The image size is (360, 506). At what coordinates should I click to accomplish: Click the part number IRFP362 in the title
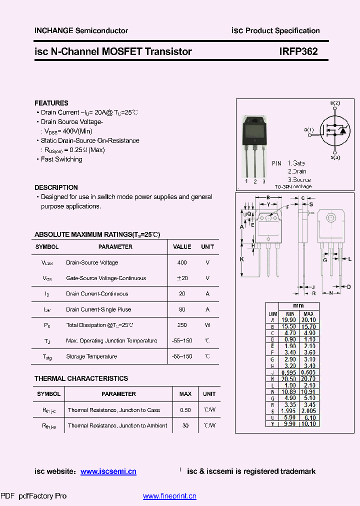click(298, 51)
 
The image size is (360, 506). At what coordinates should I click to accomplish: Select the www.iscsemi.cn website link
click(108, 471)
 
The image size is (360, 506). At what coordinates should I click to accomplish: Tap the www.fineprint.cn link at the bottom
click(169, 496)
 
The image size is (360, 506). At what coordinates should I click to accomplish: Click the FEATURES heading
click(51, 103)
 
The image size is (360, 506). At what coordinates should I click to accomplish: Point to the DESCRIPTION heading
click(56, 187)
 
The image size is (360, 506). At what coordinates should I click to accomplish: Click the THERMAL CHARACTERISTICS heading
click(81, 378)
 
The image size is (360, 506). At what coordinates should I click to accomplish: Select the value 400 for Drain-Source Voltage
click(182, 262)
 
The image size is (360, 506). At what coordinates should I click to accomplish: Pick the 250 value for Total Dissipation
click(182, 325)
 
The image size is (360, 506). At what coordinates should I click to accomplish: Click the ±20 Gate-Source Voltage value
click(182, 278)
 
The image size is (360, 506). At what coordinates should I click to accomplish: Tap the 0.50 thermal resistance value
click(185, 410)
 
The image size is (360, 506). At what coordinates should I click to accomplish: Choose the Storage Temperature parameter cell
click(91, 356)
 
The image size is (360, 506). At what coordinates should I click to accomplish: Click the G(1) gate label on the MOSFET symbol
click(309, 130)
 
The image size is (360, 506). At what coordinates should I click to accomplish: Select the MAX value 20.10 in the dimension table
click(308, 319)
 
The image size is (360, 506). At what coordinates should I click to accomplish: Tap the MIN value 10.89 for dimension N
click(288, 391)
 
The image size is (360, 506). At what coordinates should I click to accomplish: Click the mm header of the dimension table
click(298, 305)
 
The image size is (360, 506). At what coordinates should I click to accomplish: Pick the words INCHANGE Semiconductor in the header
click(81, 30)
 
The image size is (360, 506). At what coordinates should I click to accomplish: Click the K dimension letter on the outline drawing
click(241, 259)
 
